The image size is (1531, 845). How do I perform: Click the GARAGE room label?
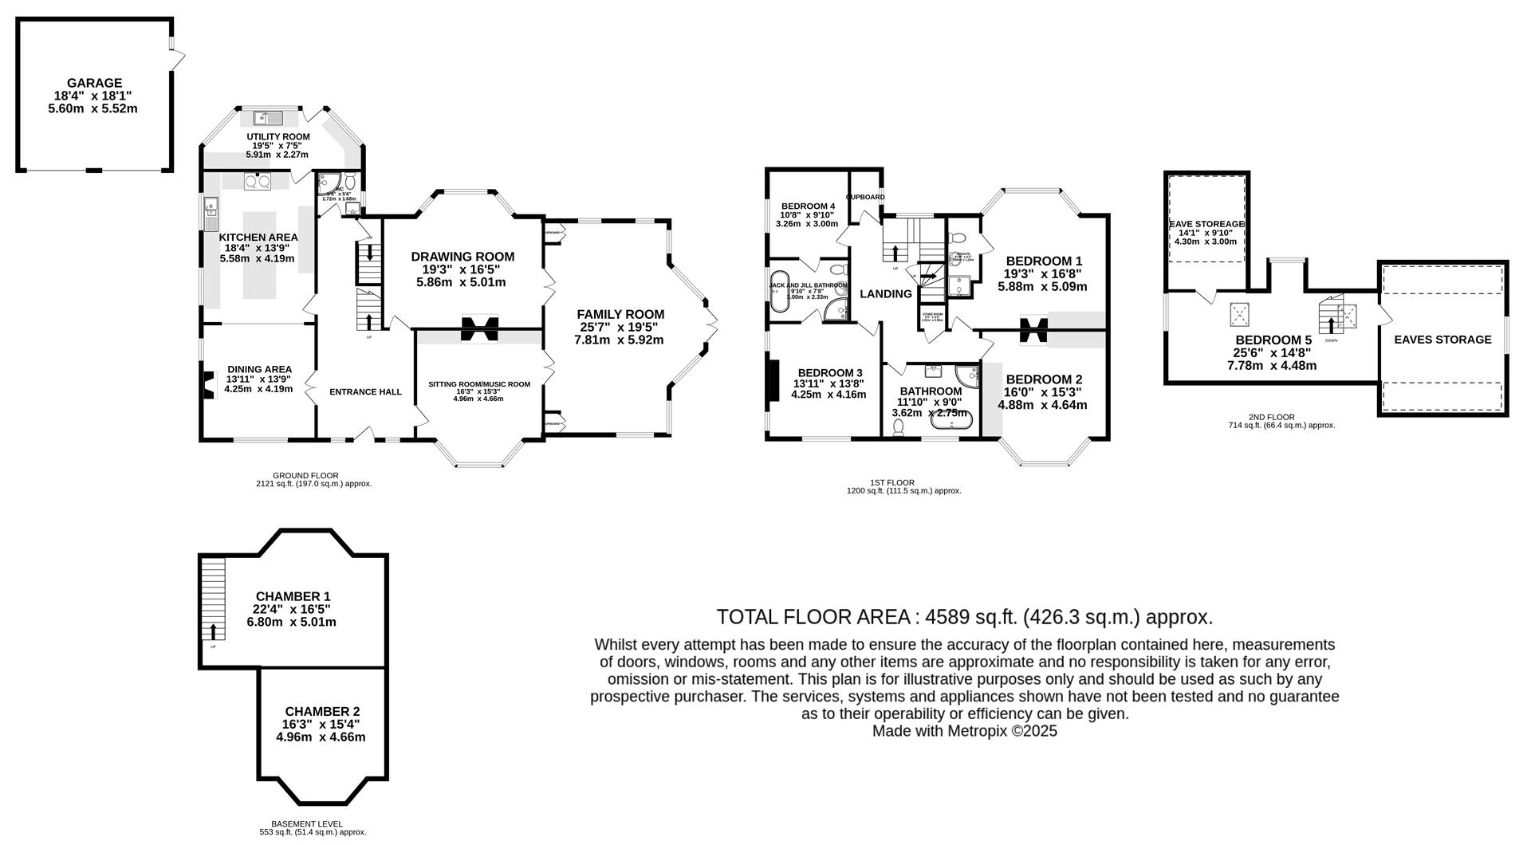pyautogui.click(x=94, y=83)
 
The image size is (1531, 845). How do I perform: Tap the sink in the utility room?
pyautogui.click(x=269, y=119)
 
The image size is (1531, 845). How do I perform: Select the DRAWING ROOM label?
pyautogui.click(x=462, y=257)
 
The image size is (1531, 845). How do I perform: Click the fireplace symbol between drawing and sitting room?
pyautogui.click(x=480, y=328)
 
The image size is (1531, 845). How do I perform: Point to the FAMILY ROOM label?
pyautogui.click(x=620, y=315)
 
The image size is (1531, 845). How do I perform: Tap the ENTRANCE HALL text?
pyautogui.click(x=365, y=392)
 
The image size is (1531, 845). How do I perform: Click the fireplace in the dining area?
pyautogui.click(x=209, y=385)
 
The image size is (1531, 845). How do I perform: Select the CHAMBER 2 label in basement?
pyautogui.click(x=322, y=711)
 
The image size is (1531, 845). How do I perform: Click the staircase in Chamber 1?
pyautogui.click(x=213, y=598)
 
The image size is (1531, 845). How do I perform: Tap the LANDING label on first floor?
pyautogui.click(x=885, y=294)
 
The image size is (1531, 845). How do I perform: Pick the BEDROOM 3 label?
pyautogui.click(x=829, y=373)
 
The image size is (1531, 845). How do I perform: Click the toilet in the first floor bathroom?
pyautogui.click(x=899, y=428)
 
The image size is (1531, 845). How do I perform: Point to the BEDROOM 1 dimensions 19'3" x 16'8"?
pyautogui.click(x=1043, y=274)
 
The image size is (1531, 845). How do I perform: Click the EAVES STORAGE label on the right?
pyautogui.click(x=1442, y=340)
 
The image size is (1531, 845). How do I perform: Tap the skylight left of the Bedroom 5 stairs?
pyautogui.click(x=1239, y=314)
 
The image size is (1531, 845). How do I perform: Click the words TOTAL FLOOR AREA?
pyautogui.click(x=813, y=617)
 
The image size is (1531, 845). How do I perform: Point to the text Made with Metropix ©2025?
pyautogui.click(x=965, y=731)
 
